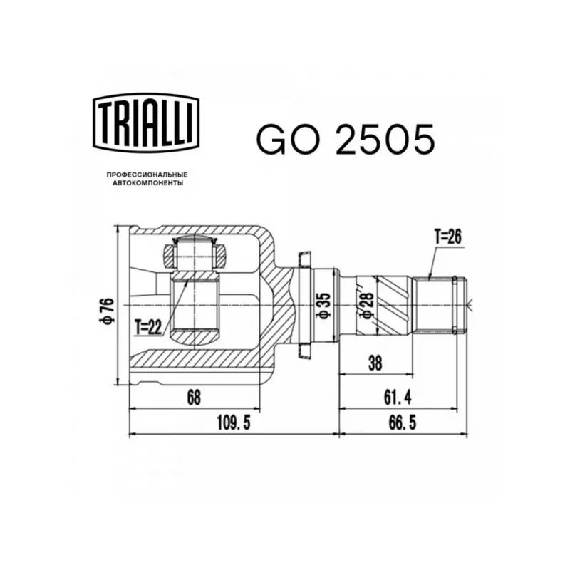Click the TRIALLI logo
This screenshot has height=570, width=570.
pyautogui.click(x=147, y=123)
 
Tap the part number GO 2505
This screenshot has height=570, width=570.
pyautogui.click(x=346, y=140)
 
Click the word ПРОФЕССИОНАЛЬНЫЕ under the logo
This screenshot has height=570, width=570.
pyautogui.click(x=147, y=175)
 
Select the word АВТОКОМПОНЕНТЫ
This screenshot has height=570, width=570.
pyautogui.click(x=147, y=183)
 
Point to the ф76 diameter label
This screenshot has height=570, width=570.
pyautogui.click(x=109, y=311)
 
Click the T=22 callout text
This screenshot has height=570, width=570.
pyautogui.click(x=148, y=328)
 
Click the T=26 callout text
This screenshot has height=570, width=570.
pyautogui.click(x=448, y=237)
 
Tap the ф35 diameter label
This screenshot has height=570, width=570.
pyautogui.click(x=324, y=306)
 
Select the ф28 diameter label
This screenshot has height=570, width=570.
pyautogui.click(x=368, y=305)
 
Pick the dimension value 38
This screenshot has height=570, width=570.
pyautogui.click(x=375, y=363)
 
